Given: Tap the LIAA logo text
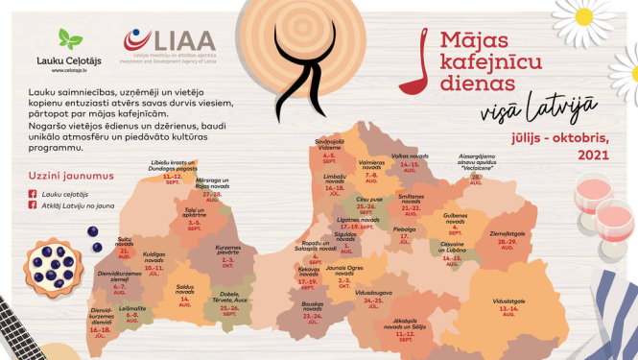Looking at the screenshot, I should tap(169, 38).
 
